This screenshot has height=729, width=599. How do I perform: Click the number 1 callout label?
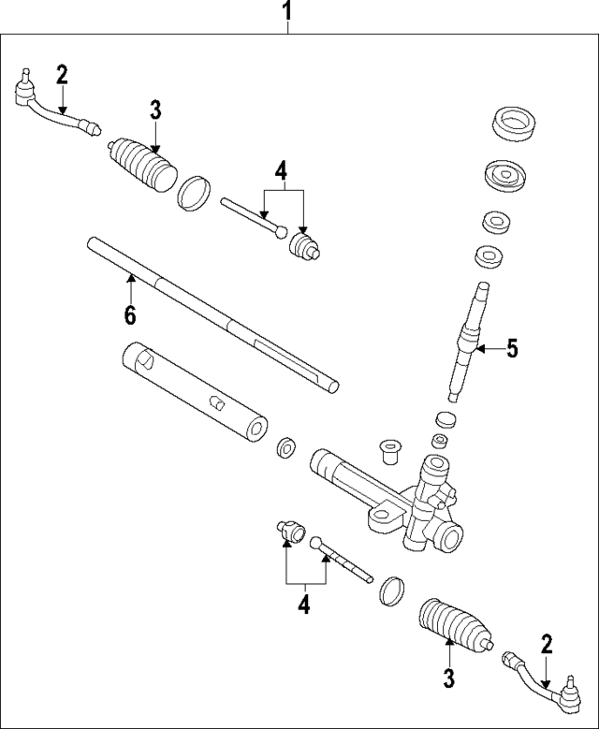click(x=288, y=12)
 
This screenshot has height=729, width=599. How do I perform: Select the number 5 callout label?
click(x=511, y=349)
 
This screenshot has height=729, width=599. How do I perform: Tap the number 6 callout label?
click(x=130, y=315)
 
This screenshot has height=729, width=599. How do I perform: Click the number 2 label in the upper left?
click(x=62, y=75)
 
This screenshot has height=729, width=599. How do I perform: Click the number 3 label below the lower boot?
click(x=448, y=678)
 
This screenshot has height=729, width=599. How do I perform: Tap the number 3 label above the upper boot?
click(x=155, y=109)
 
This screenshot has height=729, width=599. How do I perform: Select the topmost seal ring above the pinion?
click(x=512, y=124)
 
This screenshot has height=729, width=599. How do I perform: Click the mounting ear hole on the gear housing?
click(x=381, y=514)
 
